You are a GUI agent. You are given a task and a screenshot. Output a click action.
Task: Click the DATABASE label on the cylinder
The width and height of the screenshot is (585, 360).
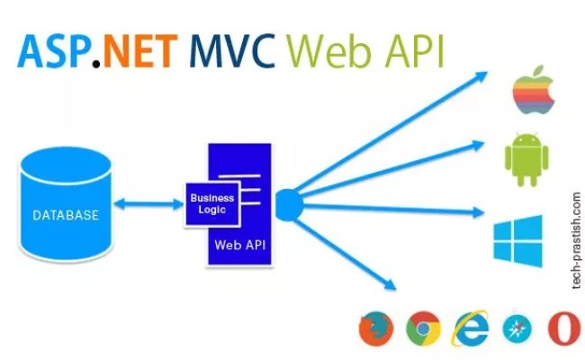click(66, 215)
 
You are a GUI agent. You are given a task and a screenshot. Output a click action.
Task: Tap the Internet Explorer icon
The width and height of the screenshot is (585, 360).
click(471, 328)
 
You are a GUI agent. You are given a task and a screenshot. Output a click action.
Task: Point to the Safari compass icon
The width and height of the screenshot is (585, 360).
click(517, 328)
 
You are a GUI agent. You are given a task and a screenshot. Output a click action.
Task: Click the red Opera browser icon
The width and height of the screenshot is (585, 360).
click(562, 328)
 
